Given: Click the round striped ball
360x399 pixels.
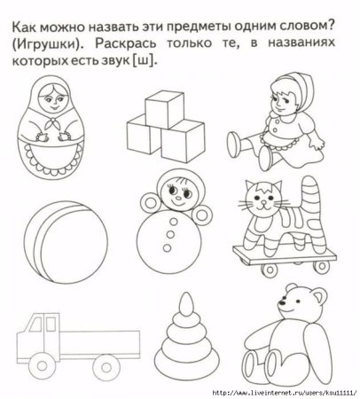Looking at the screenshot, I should [x=56, y=233].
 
